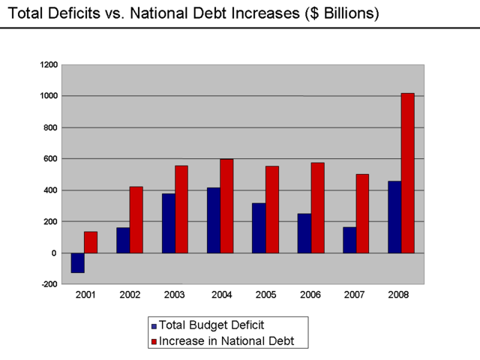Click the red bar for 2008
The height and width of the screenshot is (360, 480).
coord(407,172)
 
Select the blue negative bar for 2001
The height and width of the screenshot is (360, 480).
coord(77,262)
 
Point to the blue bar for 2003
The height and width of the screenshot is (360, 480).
coord(169,223)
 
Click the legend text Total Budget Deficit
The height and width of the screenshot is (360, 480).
coord(211,326)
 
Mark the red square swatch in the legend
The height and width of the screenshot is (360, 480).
coord(154,341)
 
